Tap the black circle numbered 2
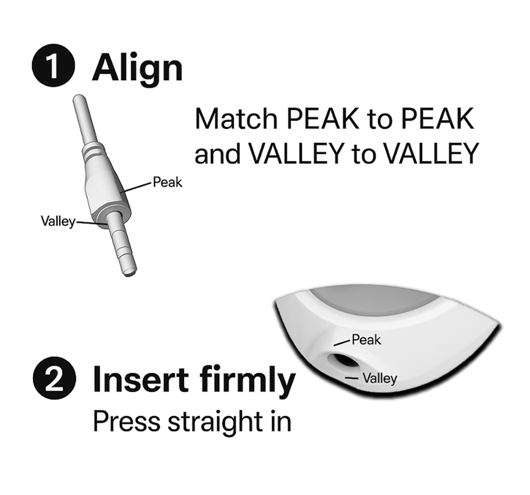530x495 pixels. tap(54, 378)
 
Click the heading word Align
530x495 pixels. tap(137, 69)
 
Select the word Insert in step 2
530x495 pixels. tap(140, 378)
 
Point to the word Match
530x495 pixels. tap(236, 119)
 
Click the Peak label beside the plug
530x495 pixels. tap(167, 182)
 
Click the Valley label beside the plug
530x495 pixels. tap(58, 222)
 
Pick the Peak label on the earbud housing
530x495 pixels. tap(367, 340)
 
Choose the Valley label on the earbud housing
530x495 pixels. tap(380, 378)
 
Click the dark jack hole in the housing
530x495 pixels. tap(343, 363)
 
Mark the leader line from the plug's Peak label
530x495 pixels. tap(138, 187)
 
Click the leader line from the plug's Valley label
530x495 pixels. tap(89, 223)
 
